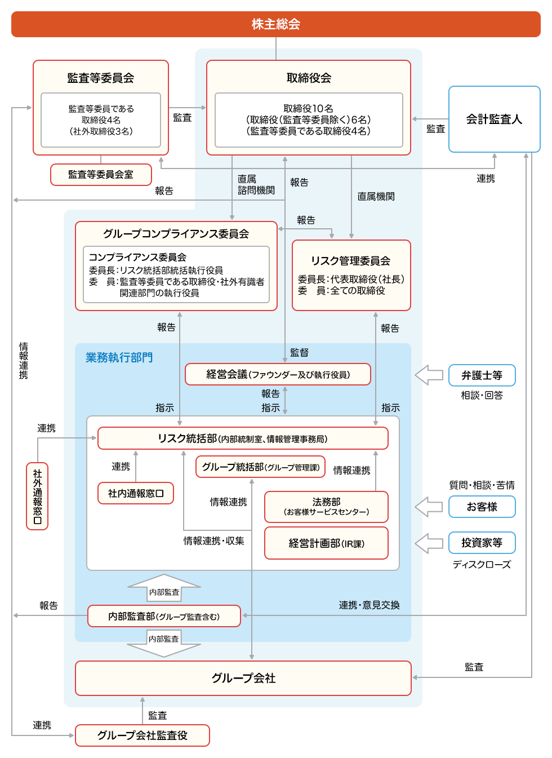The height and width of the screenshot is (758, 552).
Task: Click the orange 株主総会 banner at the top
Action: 275,24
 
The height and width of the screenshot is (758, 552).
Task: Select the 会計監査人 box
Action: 494,119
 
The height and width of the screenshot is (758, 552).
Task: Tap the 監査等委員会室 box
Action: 101,175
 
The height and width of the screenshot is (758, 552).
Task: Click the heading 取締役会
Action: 309,78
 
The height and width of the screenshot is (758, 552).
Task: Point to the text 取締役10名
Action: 308,108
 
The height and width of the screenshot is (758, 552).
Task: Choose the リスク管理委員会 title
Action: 350,260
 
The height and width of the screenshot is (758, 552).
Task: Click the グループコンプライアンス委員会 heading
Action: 176,233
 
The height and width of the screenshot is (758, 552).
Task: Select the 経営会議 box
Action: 278,374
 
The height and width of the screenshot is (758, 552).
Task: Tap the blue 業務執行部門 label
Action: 119,357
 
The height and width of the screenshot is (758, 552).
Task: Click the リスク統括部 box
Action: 243,438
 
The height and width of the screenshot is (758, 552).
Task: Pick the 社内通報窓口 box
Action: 136,493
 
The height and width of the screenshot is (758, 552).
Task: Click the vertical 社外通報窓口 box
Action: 37,496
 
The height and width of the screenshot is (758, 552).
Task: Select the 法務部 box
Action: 326,506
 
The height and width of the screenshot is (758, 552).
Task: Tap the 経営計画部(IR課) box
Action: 326,543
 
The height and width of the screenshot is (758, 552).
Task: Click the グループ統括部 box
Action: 260,467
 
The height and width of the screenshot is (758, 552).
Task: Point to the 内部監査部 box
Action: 164,616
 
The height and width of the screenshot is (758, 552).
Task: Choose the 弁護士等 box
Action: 482,375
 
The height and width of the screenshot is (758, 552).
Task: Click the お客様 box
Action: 482,507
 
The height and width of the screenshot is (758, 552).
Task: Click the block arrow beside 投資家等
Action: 429,543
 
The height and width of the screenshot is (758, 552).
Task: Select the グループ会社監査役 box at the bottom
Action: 143,735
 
